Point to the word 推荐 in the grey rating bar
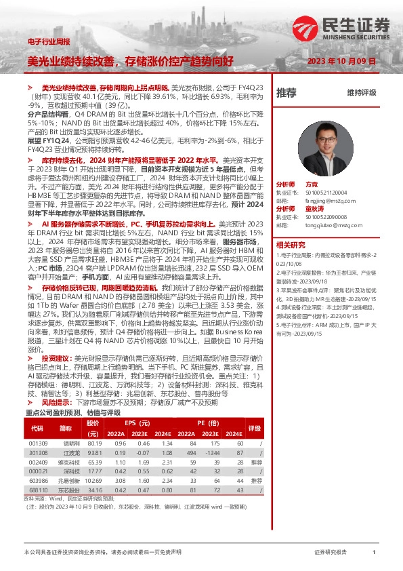(287, 93)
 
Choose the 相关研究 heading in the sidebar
(290, 244)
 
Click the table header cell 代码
(38, 428)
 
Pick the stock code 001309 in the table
(38, 443)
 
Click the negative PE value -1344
(214, 452)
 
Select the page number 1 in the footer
(373, 553)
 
